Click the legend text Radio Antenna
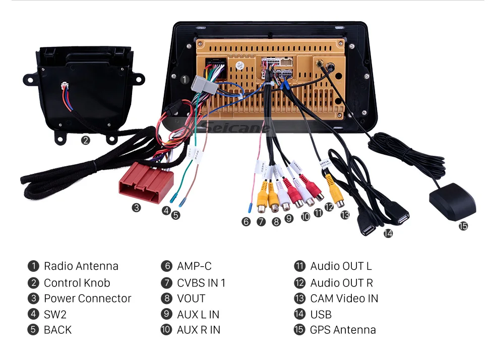pos(81,266)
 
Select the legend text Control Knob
pos(77,283)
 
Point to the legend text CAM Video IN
pos(344,298)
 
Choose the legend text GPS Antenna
pos(343,330)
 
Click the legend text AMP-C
pos(194,266)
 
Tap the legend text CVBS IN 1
pos(201,283)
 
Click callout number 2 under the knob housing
pos(86,141)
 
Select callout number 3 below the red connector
pos(137,208)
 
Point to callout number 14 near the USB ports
pos(388,233)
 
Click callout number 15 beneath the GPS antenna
pos(463,226)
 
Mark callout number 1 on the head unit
pos(184,80)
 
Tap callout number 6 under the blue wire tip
pos(246,221)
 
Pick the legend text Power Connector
pos(87,298)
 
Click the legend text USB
pos(321,315)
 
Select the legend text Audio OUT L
pos(341,266)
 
